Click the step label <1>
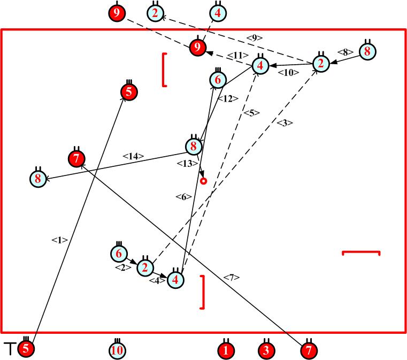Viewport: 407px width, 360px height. pos(59,240)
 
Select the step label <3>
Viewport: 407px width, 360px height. pos(285,123)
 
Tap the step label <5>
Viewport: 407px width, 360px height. pos(251,113)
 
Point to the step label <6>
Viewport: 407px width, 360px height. pos(183,197)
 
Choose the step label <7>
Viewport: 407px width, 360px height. pos(232,277)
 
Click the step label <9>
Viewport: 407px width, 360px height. pos(255,37)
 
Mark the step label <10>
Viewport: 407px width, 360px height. pos(288,73)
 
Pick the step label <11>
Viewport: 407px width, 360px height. pos(235,55)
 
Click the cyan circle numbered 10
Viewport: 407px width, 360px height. pos(117,350)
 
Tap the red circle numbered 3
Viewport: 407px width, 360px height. pos(266,350)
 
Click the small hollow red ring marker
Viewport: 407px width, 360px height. pos(203,181)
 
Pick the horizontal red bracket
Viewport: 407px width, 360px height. pos(360,252)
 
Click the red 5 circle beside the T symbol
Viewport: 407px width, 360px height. pos(26,349)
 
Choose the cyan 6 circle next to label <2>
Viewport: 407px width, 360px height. pos(119,254)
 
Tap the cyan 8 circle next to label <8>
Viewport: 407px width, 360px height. pos(367,51)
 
